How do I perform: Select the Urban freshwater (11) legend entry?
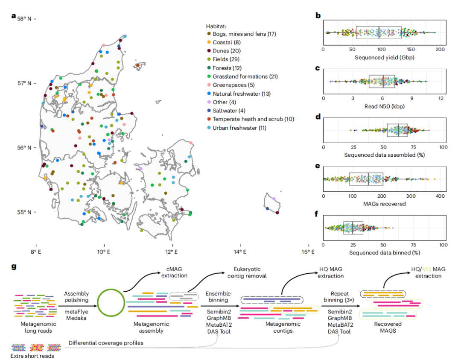click(239, 128)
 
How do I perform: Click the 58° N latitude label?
click(24, 19)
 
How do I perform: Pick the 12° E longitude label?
click(172, 252)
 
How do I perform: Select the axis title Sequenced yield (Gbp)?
click(382, 57)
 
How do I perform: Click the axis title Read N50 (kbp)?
click(382, 106)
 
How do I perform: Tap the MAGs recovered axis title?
click(382, 204)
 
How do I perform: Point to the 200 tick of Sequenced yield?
click(440, 50)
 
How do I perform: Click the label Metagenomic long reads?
click(32, 328)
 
